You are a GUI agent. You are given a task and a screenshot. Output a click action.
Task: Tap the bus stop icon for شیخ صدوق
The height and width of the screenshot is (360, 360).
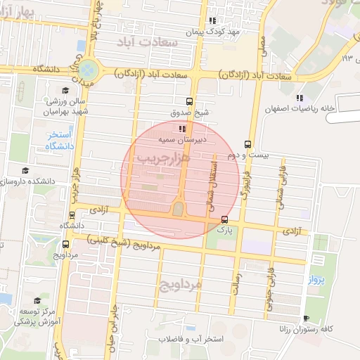[188, 101]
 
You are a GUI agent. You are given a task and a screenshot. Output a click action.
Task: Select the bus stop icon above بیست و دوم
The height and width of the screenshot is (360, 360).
[247, 143]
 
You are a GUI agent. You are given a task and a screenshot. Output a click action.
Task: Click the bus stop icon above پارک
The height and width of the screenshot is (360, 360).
[224, 219]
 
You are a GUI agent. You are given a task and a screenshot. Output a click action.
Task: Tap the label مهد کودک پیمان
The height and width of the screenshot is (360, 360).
[213, 32]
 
